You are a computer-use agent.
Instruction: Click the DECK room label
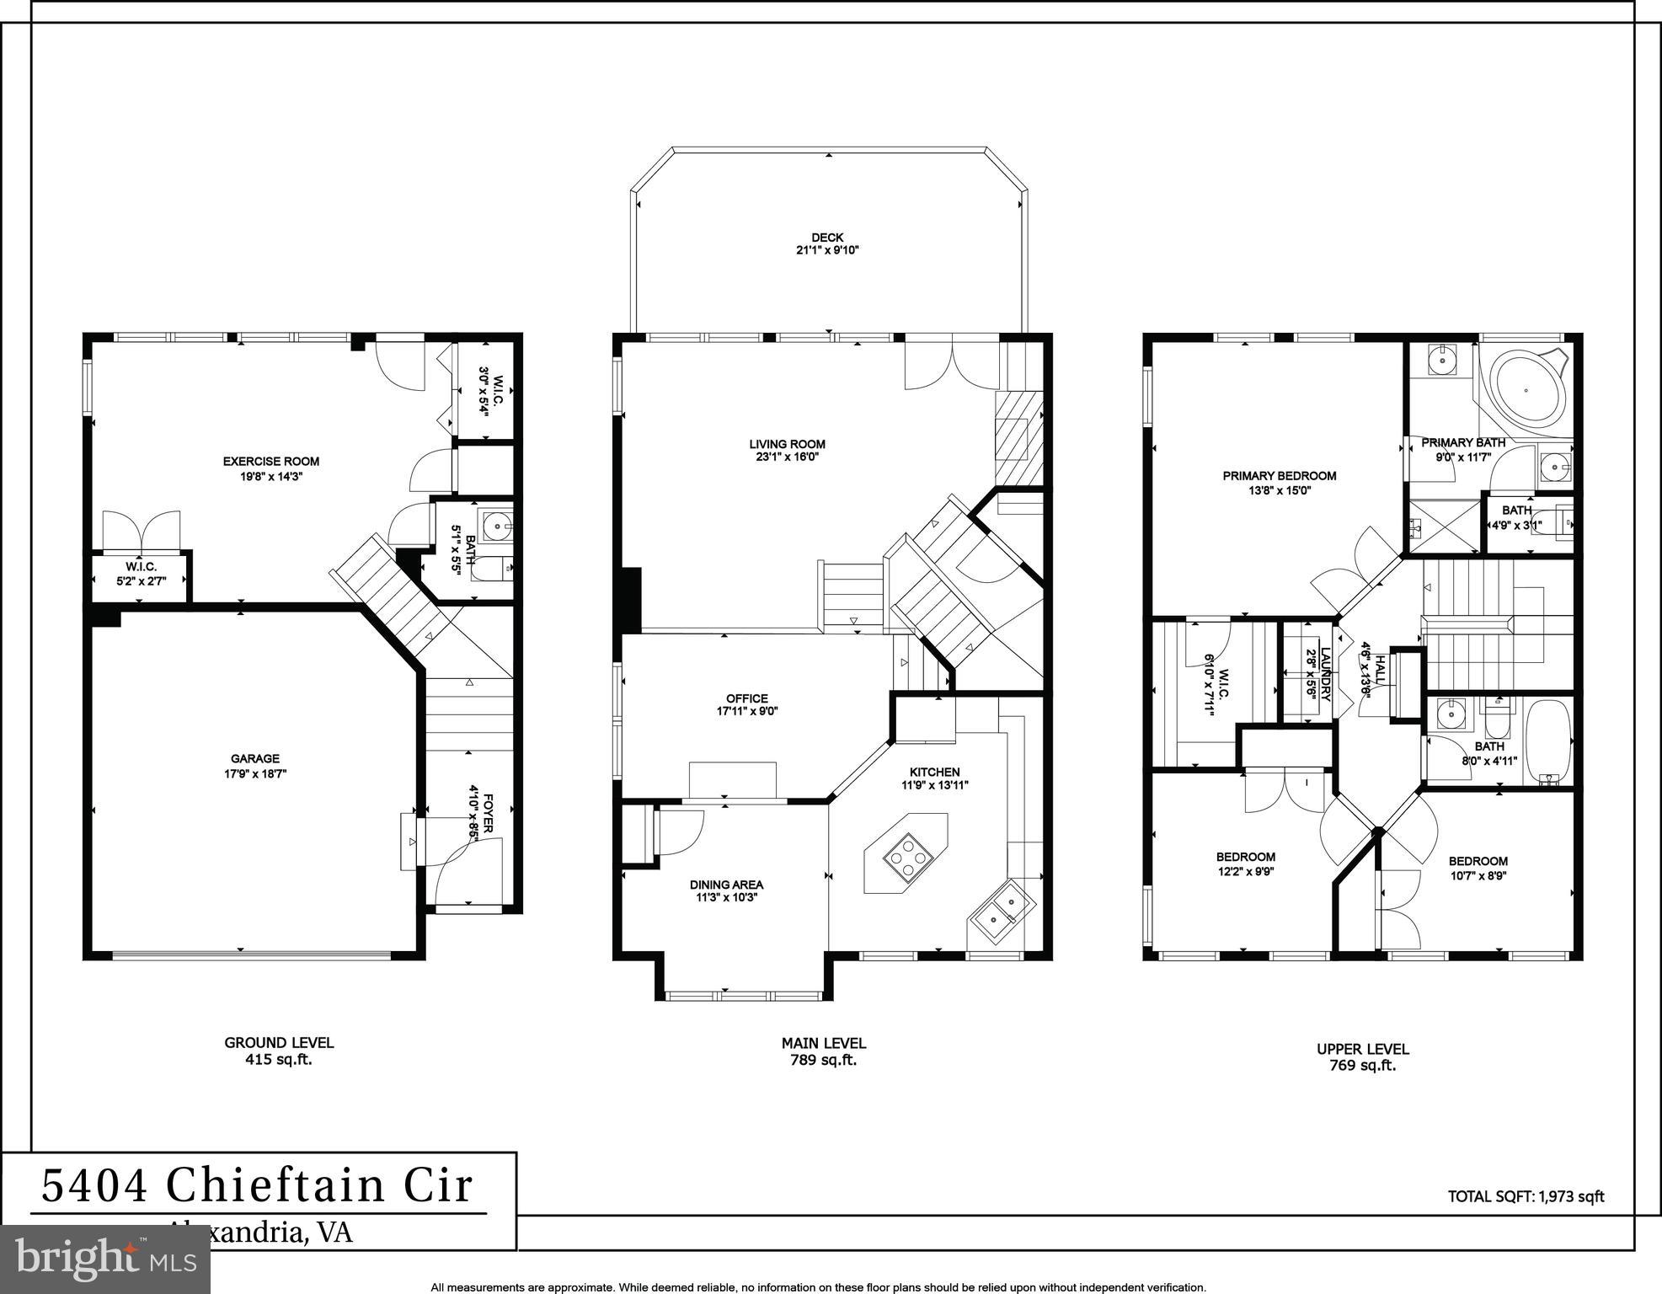826,238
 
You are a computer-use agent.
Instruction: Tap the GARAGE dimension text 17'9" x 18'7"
254,773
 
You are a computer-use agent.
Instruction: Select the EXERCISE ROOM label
270,461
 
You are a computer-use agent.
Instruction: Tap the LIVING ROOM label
787,444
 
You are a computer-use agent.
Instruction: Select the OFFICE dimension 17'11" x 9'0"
746,712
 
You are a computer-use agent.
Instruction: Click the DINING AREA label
726,885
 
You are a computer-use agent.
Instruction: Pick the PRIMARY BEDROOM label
1279,476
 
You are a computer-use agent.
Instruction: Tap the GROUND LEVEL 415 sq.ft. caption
279,1051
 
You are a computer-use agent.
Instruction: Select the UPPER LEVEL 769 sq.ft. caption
1362,1056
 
